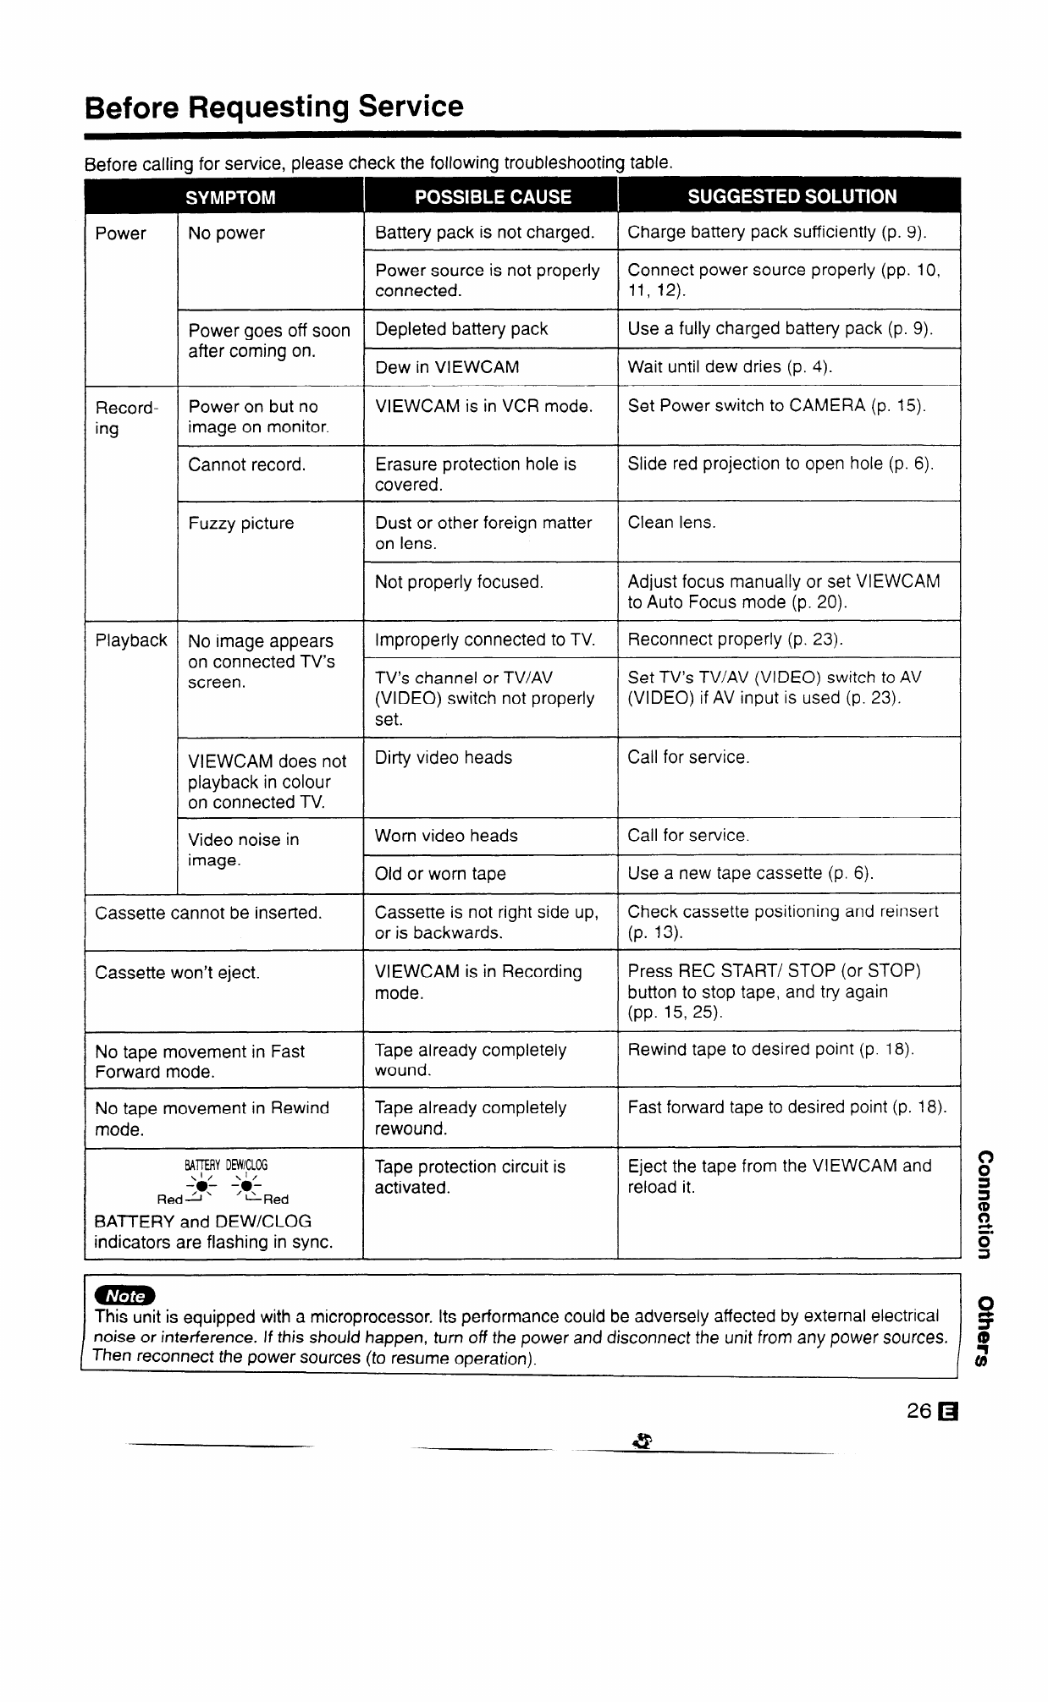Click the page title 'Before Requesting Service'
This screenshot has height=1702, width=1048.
[x=274, y=107]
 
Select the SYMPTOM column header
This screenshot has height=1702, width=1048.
[x=230, y=197]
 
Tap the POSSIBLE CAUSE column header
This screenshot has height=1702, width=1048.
[x=493, y=197]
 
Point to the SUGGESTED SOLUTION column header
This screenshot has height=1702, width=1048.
[x=792, y=197]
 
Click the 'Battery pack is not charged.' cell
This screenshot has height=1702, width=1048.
[x=484, y=233]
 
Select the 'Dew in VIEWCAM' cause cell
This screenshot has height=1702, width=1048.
[x=447, y=367]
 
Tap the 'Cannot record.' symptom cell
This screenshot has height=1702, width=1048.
[x=247, y=464]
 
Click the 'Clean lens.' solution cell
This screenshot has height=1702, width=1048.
[x=671, y=523]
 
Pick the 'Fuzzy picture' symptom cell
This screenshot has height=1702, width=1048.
[x=241, y=524]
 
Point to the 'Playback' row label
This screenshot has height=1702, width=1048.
[x=131, y=640]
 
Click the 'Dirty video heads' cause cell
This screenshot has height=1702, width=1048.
[x=444, y=758]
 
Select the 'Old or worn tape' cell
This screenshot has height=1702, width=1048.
[x=440, y=874]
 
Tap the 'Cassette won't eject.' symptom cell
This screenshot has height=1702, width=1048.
[x=178, y=973]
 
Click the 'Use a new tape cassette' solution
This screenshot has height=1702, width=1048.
[x=750, y=873]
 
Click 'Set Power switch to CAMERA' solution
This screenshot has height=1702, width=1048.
[x=776, y=406]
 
